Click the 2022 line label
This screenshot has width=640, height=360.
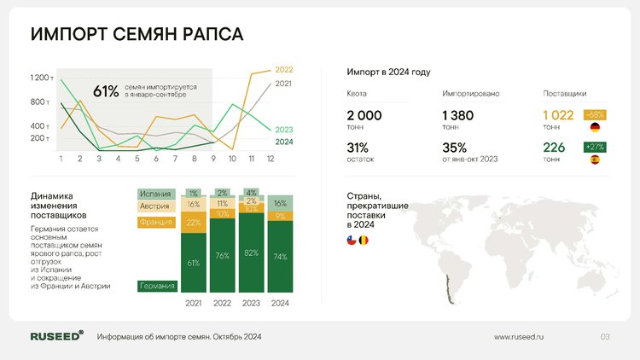click(283, 70)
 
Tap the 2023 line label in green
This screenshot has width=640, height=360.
click(283, 130)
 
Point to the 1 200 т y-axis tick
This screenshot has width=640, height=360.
click(42, 78)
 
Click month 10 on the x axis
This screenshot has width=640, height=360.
click(232, 159)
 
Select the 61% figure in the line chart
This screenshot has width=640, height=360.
click(106, 91)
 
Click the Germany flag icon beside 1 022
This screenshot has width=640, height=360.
click(595, 127)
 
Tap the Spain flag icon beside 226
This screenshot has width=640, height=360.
click(595, 160)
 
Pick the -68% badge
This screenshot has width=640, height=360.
click(595, 115)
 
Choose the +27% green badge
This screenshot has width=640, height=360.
click(595, 147)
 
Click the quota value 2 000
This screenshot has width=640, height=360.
click(364, 115)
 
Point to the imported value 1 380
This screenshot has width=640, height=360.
click(457, 115)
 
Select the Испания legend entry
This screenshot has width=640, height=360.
click(156, 194)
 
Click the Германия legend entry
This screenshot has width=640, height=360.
click(157, 286)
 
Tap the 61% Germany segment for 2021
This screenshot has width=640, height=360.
click(194, 263)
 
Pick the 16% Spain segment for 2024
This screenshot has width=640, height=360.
click(280, 203)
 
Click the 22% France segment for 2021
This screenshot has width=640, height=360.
click(194, 223)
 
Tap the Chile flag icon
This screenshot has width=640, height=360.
click(352, 241)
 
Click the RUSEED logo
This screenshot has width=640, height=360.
click(56, 336)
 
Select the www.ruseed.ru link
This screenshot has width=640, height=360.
click(519, 337)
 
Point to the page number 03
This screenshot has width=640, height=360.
click(605, 337)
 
